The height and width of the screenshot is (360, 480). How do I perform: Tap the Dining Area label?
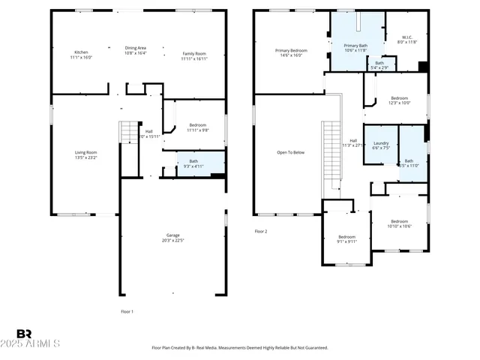point(135,48)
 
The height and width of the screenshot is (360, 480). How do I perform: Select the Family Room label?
point(193,52)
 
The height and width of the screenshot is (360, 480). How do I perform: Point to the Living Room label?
point(85,152)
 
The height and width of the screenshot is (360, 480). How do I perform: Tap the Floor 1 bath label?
point(193,160)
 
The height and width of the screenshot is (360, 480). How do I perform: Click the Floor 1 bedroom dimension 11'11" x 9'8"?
point(198,130)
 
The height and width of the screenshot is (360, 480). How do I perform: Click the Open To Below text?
point(290,152)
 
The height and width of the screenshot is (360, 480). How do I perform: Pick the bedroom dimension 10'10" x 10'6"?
point(400,226)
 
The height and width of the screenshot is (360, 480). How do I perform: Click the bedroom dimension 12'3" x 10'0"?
point(399,103)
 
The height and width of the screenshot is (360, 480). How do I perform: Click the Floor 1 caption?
point(127,310)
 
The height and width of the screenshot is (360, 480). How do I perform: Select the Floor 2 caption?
point(260,231)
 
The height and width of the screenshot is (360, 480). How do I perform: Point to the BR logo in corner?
point(23,334)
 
